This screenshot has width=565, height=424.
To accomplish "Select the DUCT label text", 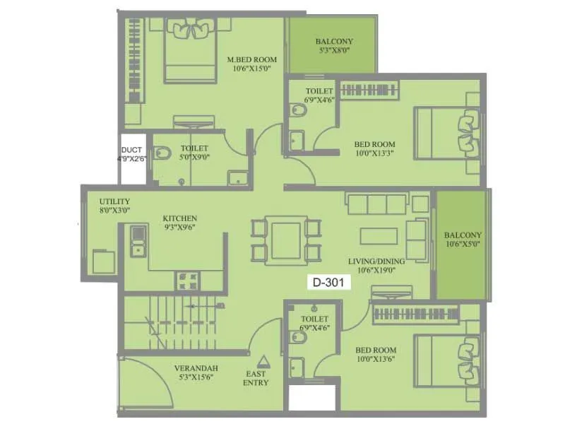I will coord(131,150).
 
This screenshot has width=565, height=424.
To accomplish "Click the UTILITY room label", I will coord(114,201).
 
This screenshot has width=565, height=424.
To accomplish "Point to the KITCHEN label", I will coord(180,218).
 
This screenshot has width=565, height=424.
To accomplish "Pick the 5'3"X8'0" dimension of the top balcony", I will coord(333,52).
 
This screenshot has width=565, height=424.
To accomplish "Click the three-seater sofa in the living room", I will coord(377,204).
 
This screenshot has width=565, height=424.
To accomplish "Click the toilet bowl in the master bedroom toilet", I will coord(162,151).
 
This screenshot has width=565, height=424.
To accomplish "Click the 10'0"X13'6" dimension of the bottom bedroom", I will coord(375,360).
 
